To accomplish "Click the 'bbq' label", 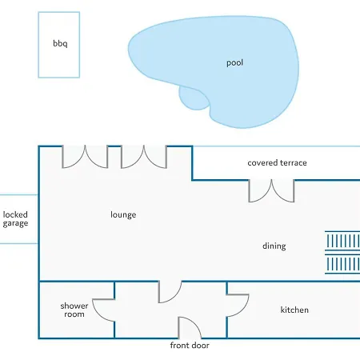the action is [60, 43].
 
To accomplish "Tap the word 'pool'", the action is [234, 62].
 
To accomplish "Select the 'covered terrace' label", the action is [277, 162].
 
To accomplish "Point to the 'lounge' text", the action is [123, 214].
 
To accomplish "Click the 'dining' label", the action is [274, 246].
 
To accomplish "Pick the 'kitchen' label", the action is [294, 310].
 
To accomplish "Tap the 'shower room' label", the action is [74, 310].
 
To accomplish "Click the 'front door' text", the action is [190, 346].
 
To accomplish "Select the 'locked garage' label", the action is [15, 219].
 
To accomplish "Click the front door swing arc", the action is [194, 323].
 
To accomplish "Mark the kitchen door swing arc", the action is [244, 309].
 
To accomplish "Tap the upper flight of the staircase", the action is [342, 241].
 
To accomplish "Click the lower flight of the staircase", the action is [342, 264].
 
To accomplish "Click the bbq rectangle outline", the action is [38, 45].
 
